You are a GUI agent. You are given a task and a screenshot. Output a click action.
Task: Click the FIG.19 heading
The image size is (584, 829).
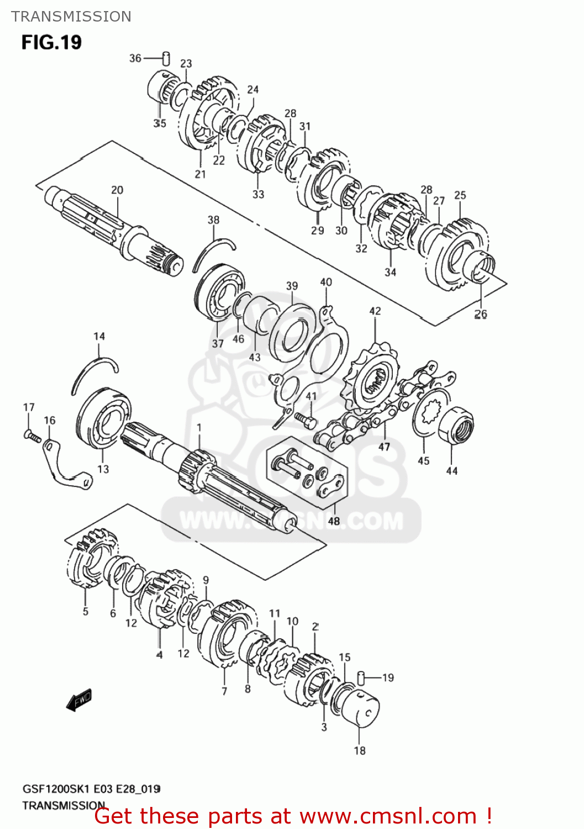tap(51, 43)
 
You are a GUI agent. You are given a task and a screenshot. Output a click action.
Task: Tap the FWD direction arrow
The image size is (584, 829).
tap(78, 700)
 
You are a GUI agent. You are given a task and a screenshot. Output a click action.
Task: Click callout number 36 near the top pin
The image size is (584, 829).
tap(135, 58)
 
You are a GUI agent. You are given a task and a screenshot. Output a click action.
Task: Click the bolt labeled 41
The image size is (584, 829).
tap(306, 419)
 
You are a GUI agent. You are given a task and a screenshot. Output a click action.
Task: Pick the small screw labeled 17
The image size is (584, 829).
tap(32, 436)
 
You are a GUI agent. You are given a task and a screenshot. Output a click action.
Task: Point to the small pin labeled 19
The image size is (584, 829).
tap(362, 676)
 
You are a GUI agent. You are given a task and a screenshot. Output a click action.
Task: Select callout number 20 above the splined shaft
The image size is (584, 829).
tap(117, 190)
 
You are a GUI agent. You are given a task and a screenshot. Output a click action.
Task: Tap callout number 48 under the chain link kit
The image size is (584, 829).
tap(334, 521)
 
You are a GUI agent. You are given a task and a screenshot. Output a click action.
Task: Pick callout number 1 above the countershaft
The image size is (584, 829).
tap(199, 427)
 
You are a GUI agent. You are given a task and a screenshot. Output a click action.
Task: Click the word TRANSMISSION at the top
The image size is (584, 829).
tap(71, 17)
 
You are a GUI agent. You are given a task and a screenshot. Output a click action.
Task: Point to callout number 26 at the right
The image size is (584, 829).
tap(481, 314)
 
